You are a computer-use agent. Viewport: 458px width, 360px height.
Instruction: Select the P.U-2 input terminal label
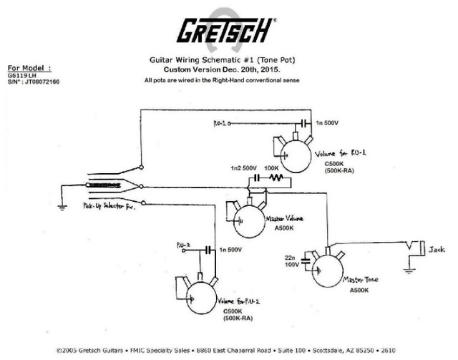183,245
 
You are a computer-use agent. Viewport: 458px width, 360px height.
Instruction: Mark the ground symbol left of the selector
62,206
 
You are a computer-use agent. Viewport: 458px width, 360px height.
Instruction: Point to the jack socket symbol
414,251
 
